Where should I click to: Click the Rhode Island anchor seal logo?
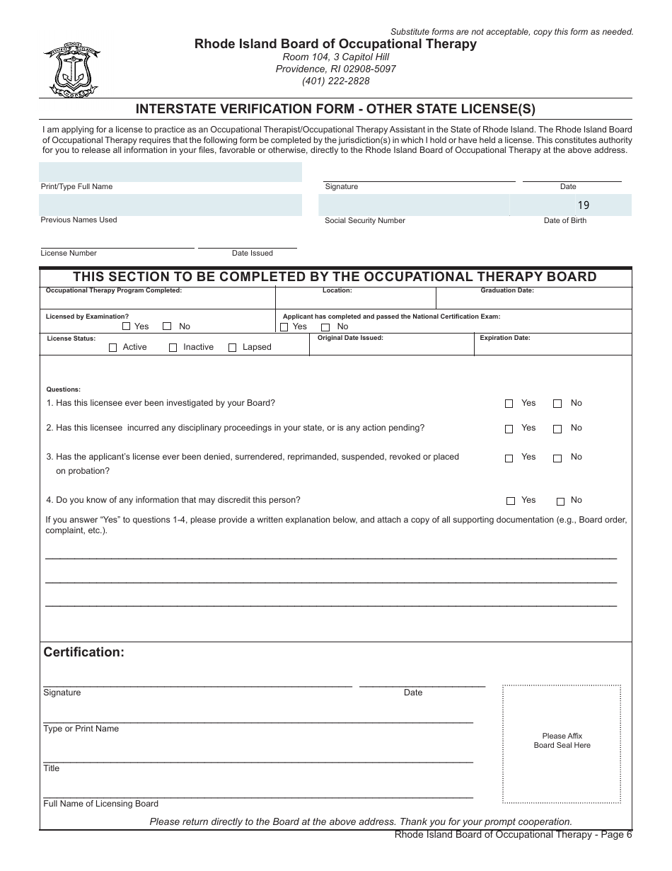(71, 71)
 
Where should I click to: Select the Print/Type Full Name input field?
(170, 172)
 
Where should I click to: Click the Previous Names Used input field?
(170, 205)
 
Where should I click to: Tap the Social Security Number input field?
(414, 205)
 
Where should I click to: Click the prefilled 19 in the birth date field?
(583, 205)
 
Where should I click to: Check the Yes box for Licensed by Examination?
(127, 327)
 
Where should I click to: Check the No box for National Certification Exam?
(326, 327)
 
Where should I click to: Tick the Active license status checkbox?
(113, 348)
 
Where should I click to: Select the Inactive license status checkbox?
(173, 348)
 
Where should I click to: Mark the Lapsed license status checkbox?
(233, 348)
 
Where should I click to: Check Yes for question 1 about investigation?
(509, 404)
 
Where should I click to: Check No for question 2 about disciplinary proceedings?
(557, 429)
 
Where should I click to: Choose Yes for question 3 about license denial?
(509, 458)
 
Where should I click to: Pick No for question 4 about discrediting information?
(560, 501)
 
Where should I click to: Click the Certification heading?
(84, 652)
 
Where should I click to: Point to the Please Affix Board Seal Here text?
(562, 741)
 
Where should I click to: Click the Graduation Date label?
(507, 290)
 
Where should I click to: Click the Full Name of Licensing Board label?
(100, 804)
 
